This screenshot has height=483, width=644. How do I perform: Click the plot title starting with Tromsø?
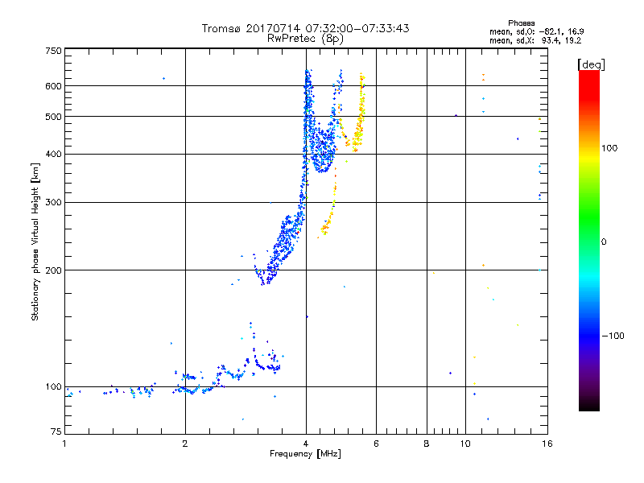point(305,28)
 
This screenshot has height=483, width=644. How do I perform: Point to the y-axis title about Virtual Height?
point(35,242)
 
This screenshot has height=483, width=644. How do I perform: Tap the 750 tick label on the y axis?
point(53,51)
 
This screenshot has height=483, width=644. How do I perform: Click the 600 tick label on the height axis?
point(53,85)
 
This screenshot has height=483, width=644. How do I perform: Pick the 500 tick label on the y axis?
point(53,116)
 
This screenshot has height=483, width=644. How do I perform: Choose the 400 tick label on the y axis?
point(53,154)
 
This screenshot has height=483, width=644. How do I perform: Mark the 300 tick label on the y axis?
point(53,202)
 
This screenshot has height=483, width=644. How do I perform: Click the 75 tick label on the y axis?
point(56,433)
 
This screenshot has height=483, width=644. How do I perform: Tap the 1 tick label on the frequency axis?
point(64,443)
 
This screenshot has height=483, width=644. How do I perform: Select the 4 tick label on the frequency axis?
point(306,443)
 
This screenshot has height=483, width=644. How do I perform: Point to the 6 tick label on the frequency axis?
point(376,443)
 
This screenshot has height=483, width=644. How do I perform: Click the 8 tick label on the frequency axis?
point(427,443)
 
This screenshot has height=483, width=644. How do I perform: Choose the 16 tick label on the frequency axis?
point(547,443)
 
